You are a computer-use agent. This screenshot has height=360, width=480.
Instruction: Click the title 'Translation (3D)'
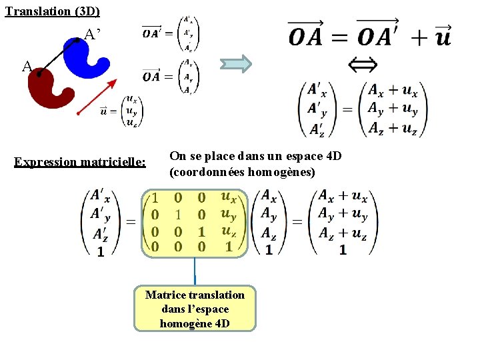(52, 11)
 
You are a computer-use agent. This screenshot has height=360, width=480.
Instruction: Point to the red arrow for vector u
(97, 97)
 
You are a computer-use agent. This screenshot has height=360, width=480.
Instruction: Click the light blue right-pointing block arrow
(237, 64)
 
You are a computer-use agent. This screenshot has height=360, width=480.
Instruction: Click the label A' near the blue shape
(93, 34)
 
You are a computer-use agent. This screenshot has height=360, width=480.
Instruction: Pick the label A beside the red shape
(27, 66)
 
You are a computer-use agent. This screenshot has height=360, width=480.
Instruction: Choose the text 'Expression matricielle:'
(80, 162)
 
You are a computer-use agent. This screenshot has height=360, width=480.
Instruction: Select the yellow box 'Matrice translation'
(195, 309)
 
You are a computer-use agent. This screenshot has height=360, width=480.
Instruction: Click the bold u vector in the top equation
(442, 37)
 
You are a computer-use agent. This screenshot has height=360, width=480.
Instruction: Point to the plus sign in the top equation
(419, 37)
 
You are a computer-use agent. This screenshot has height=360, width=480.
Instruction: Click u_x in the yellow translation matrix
(228, 199)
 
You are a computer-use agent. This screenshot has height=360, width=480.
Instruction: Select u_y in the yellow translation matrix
(228, 215)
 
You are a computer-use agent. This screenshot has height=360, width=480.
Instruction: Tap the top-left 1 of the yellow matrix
(155, 198)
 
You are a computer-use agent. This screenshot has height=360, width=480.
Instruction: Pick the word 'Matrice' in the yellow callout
(166, 295)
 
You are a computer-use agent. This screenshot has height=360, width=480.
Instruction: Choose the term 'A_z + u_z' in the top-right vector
(393, 127)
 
